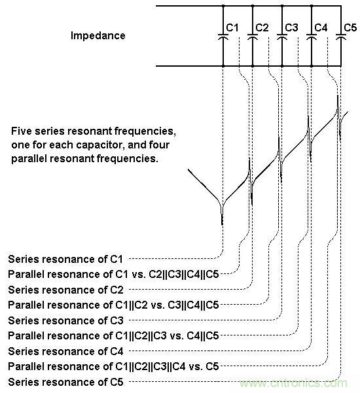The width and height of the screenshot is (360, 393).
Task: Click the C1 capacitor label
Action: [x=232, y=27]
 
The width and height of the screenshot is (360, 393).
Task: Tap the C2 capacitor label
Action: [x=262, y=27]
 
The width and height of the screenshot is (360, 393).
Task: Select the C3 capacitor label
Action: [x=291, y=27]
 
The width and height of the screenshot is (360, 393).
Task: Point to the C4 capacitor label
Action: [x=321, y=27]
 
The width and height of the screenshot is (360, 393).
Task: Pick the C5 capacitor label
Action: [x=350, y=27]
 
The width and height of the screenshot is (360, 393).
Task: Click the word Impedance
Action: [x=98, y=35]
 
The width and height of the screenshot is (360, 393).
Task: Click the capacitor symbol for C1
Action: [x=223, y=37]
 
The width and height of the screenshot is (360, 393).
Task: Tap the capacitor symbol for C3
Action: [x=282, y=37]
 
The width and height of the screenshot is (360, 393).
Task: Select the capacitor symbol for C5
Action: [x=341, y=37]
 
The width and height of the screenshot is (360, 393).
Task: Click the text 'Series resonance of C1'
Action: [x=65, y=259]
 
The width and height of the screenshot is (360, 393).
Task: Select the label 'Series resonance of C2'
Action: [x=65, y=290]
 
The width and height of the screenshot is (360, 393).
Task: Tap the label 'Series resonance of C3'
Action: [x=65, y=321]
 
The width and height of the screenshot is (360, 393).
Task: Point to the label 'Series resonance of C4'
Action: [x=65, y=351]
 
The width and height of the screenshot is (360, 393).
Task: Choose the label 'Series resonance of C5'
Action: [x=65, y=383]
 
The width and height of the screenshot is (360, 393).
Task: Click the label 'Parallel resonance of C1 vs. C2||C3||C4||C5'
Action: [x=113, y=275]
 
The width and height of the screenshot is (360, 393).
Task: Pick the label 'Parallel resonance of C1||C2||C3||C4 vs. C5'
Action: [x=113, y=367]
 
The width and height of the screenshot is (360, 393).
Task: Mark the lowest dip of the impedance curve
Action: [x=222, y=224]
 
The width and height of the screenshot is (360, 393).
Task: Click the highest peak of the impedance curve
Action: [x=338, y=95]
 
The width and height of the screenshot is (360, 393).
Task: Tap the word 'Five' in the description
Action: [x=22, y=131]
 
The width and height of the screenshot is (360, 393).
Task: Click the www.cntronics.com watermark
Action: [x=293, y=383]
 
